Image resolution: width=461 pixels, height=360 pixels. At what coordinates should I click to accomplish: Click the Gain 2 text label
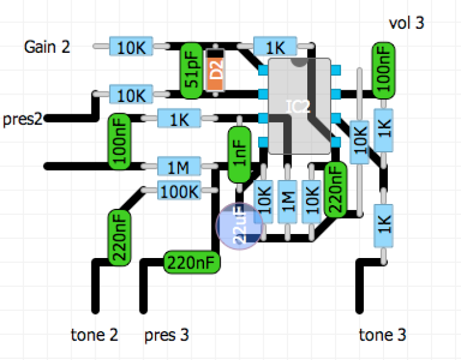(x=47, y=47)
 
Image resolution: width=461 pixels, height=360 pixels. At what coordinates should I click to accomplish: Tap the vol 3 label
(x=406, y=24)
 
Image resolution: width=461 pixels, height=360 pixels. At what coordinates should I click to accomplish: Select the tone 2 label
(x=95, y=335)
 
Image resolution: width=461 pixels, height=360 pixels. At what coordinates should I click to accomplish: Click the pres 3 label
(x=166, y=335)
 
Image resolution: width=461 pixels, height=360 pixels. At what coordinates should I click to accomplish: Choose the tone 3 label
(x=382, y=335)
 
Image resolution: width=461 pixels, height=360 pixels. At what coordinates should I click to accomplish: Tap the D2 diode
(x=215, y=70)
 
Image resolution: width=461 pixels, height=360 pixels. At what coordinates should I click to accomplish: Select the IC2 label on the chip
(x=298, y=106)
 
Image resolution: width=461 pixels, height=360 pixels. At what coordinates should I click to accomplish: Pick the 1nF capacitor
(x=238, y=155)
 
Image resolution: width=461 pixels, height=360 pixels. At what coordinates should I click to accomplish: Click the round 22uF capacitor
(x=239, y=227)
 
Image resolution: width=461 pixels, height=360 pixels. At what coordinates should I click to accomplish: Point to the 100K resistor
(x=179, y=191)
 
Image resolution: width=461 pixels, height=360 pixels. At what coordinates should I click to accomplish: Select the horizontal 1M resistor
(x=179, y=166)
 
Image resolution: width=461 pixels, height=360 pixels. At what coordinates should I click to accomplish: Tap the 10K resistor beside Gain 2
(x=130, y=46)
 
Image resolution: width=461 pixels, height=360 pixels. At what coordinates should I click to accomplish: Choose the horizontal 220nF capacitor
(x=191, y=262)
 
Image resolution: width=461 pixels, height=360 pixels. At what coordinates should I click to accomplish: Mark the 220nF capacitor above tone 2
(x=119, y=238)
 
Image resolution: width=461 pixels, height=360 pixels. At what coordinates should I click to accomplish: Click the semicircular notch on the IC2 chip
(x=300, y=62)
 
